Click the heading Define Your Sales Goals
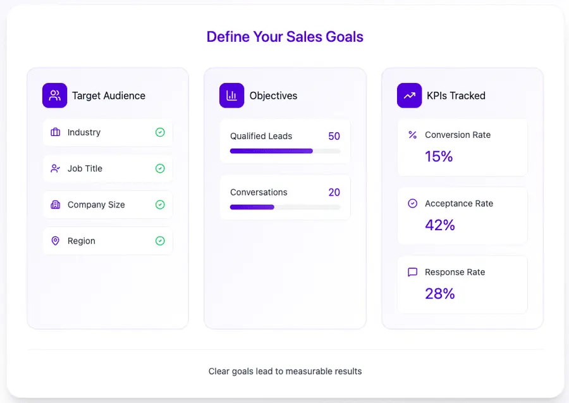click(x=284, y=37)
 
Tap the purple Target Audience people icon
click(x=54, y=96)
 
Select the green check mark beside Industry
click(x=160, y=132)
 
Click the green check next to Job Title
click(x=160, y=168)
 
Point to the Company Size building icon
click(x=55, y=205)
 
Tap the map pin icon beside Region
click(x=55, y=241)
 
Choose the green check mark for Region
click(x=160, y=241)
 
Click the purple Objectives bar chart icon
click(x=231, y=96)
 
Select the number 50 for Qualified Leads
click(x=334, y=136)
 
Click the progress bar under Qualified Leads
click(x=285, y=151)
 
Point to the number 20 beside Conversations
click(x=334, y=192)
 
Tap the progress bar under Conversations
click(x=285, y=207)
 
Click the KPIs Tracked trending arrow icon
click(x=409, y=96)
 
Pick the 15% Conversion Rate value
click(x=439, y=156)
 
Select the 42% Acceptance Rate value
click(x=440, y=225)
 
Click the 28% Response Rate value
click(x=440, y=294)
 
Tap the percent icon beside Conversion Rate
click(x=413, y=135)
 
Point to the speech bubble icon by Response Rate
click(x=413, y=272)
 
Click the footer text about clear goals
click(x=285, y=371)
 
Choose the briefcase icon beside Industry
click(x=55, y=132)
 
